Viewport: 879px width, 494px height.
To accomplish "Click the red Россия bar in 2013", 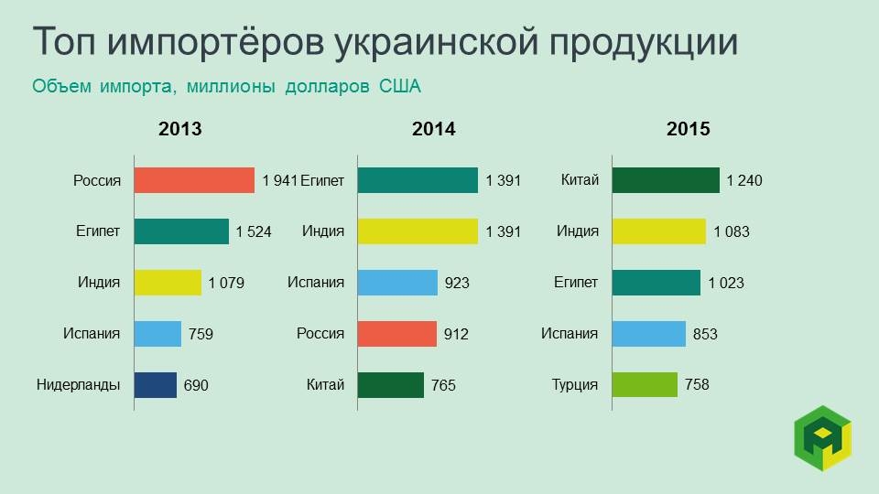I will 194,180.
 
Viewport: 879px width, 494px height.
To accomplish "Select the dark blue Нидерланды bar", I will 156,385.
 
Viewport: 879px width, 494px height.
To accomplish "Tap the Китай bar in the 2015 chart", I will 666,180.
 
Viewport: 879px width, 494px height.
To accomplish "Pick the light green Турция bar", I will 645,385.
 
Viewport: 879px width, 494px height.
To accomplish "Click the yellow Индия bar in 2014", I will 418,231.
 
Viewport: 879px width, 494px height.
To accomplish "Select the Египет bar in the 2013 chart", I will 181,231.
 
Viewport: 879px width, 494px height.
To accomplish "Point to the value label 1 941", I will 280,181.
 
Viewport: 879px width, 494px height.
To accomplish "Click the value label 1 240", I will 743,181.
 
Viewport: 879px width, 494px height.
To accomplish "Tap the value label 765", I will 444,386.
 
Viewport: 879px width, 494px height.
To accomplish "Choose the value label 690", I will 196,386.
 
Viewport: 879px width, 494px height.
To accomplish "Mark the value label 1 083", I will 731,232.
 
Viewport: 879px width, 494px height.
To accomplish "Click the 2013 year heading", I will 180,130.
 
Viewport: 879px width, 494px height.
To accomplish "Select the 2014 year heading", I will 434,130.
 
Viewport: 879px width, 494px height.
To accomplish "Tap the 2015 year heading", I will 689,130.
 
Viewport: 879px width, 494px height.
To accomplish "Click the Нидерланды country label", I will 79,384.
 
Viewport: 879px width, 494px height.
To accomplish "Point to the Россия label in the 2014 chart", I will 320,333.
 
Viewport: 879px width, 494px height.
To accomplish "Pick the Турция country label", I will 575,384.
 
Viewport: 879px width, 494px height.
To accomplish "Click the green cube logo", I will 821,438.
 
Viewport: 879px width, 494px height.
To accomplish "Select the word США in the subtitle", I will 400,87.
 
